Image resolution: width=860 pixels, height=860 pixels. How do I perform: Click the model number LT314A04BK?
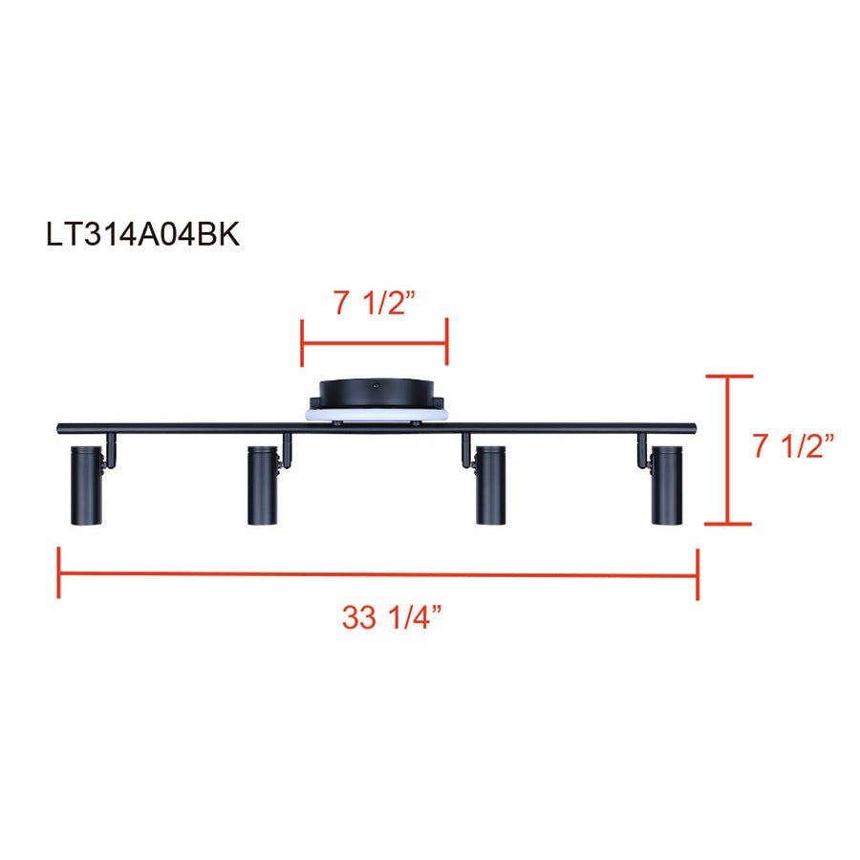point(142,235)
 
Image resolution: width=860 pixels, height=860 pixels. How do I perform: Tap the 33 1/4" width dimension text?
point(391,618)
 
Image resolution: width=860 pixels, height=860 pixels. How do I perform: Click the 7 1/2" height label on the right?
point(793,446)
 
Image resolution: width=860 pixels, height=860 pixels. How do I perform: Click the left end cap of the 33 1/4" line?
point(59,573)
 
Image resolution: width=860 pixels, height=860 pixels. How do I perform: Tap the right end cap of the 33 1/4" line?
point(698,573)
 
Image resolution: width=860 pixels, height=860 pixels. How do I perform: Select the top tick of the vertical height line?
point(728,377)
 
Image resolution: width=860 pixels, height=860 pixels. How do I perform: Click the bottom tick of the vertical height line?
point(728,524)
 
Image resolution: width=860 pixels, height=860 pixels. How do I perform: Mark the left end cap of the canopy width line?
point(302,343)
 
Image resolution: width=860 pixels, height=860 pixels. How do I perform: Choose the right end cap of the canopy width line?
point(446,343)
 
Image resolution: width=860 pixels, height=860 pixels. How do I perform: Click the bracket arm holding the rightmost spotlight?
point(642,449)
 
